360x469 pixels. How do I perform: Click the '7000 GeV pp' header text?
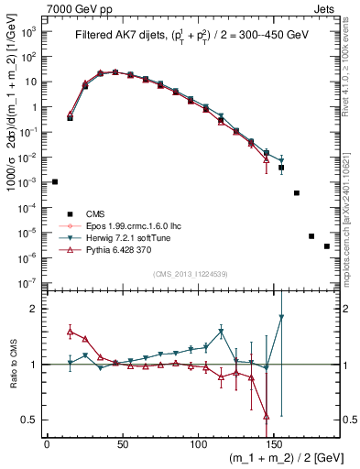tap(74, 7)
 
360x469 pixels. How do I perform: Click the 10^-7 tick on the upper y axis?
tap(28, 283)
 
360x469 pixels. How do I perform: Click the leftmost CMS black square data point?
tap(55, 182)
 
